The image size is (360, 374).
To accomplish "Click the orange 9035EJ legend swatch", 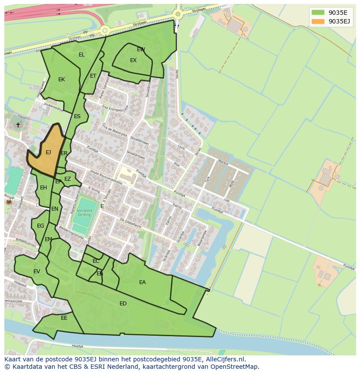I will [x=318, y=21].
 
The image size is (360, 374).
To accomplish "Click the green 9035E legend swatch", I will [x=318, y=12].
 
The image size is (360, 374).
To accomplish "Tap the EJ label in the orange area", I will [x=48, y=152].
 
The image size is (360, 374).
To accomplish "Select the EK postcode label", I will [x=61, y=79].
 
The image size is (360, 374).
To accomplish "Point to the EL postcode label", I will [x=82, y=55].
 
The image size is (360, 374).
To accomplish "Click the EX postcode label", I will [x=133, y=60].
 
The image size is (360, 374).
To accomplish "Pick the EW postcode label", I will [x=141, y=50].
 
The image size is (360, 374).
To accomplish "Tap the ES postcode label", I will [x=77, y=116].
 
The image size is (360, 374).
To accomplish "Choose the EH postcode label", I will [x=43, y=188].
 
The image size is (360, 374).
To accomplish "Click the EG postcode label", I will [x=40, y=226].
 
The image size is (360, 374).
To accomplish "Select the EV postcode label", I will [x=37, y=271].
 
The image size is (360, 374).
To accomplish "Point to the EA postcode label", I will [x=142, y=282].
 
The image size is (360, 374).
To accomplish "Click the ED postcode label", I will [x=123, y=304].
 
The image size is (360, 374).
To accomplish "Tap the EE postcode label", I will [x=64, y=318].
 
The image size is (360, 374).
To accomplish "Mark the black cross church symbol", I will [x=18, y=125].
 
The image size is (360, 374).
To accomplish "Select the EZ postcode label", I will [x=67, y=179].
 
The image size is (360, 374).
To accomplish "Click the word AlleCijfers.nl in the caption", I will [x=225, y=359].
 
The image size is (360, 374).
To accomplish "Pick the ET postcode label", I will [x=93, y=76].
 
